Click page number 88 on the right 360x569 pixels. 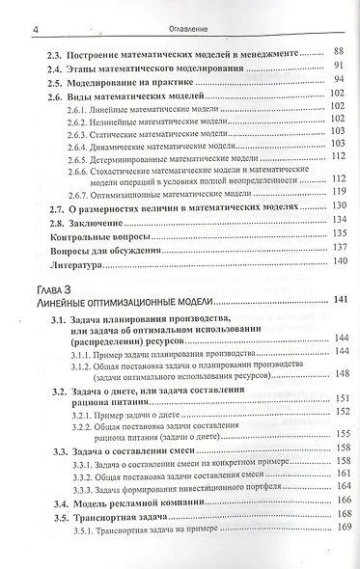337,50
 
